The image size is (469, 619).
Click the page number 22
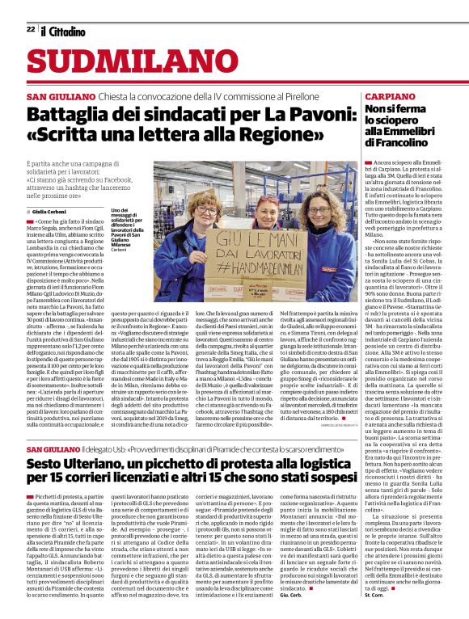pyautogui.click(x=30, y=29)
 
